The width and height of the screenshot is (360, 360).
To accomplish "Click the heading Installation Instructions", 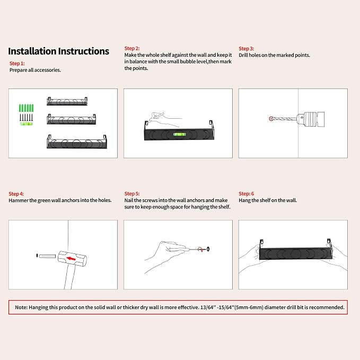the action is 58,51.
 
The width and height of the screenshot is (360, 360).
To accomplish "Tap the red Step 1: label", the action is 17,64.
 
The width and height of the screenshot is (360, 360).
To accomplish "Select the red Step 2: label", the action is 132,48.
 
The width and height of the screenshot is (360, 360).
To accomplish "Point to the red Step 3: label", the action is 246,49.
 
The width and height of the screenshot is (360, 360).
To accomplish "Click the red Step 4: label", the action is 16,194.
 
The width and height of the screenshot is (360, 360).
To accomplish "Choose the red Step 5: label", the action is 132,194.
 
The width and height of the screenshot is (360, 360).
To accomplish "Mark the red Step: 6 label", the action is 246,194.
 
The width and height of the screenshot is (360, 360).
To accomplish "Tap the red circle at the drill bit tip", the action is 271,119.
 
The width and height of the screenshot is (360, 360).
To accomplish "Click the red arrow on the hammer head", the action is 71,259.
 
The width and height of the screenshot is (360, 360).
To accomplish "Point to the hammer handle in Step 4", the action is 70,277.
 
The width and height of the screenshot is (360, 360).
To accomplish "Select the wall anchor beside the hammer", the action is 47,256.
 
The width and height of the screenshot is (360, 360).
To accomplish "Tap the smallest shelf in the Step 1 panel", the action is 67,101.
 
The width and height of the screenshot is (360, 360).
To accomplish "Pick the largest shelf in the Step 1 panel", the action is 77,142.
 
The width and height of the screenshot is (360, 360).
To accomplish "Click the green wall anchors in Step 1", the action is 26,108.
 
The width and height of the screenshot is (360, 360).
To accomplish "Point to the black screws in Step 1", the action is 26,117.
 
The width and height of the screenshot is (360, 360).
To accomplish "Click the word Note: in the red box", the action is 21,308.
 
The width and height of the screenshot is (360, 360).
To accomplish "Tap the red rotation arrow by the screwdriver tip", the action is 200,249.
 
